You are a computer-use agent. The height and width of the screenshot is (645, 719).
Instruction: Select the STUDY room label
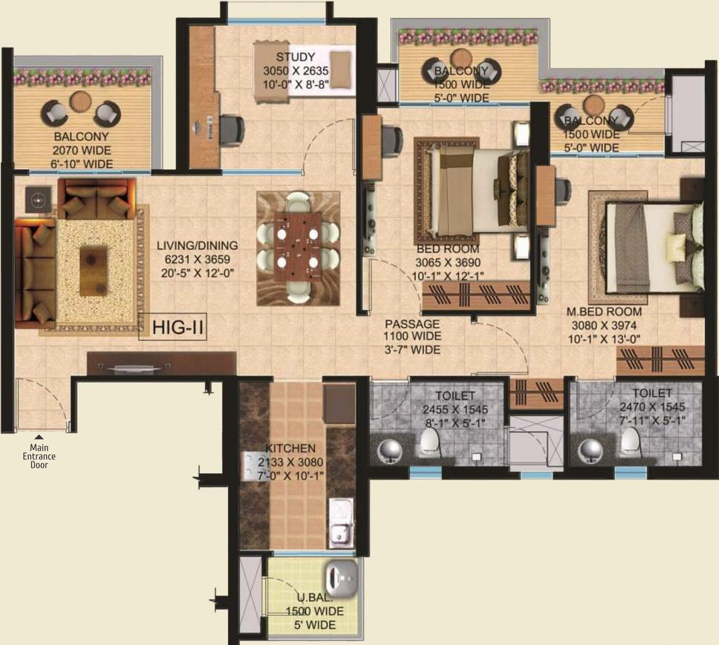[x=296, y=57]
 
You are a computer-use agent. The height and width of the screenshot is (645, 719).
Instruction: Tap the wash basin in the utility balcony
[x=343, y=574]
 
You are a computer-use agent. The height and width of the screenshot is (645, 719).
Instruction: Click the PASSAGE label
[x=412, y=324]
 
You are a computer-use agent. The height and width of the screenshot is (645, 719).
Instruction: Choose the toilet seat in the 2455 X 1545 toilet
[x=429, y=443]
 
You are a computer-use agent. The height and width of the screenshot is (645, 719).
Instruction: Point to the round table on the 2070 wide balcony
[x=80, y=102]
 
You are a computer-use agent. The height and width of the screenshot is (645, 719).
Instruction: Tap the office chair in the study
[x=231, y=128]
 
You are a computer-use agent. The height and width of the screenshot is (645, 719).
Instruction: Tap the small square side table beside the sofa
[x=37, y=197]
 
